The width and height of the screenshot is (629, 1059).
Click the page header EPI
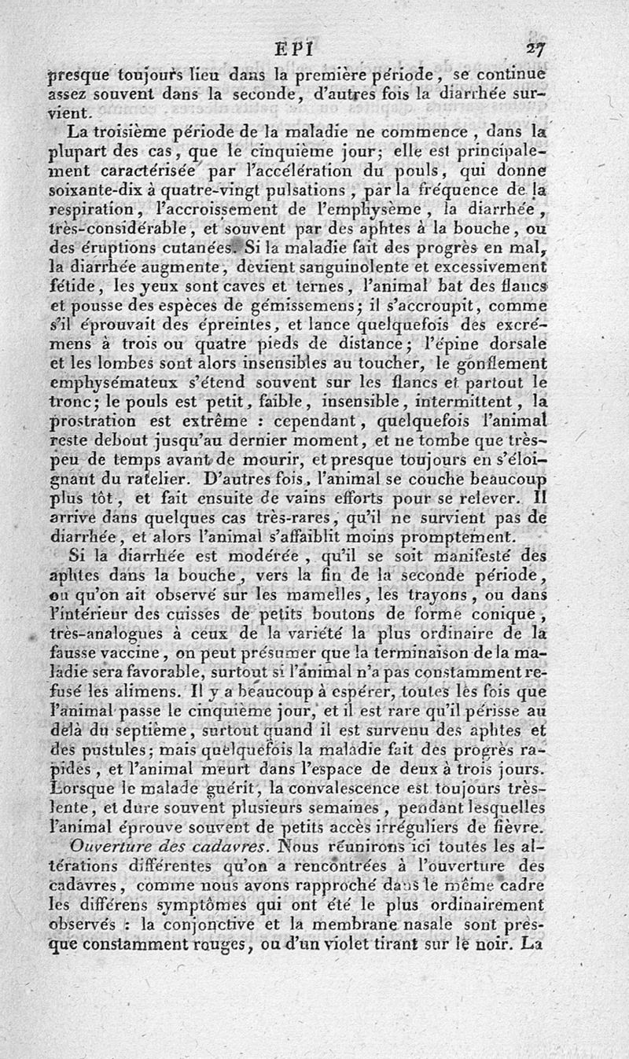295,49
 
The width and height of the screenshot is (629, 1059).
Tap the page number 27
537,49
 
